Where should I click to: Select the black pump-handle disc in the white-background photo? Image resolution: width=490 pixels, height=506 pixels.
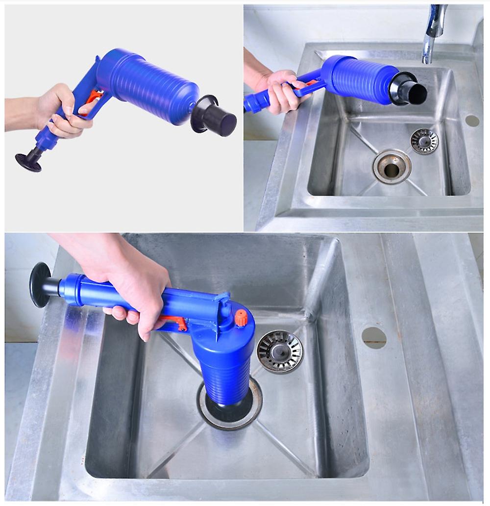[x=28, y=162]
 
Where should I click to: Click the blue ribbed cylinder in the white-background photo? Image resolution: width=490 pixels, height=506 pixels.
[x=147, y=81]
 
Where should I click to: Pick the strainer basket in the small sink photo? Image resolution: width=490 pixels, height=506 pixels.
[x=424, y=141]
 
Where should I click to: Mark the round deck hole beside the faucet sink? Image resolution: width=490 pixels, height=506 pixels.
[x=472, y=121]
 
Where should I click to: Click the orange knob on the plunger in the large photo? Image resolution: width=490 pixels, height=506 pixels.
[x=241, y=318]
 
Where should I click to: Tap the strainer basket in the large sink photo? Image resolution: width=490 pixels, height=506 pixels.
[x=280, y=351]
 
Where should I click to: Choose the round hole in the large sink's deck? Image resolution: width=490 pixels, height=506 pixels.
[x=374, y=337]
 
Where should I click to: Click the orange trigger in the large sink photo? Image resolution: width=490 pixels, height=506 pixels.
[x=176, y=322]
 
